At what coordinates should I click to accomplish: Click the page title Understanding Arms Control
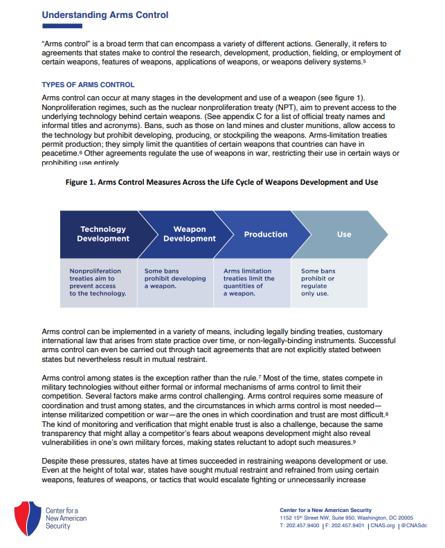105,15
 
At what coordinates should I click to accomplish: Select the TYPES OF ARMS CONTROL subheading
88,85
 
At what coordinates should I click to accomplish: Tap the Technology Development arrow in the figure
102,235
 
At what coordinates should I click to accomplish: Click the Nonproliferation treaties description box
98,282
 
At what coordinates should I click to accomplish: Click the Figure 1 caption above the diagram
222,182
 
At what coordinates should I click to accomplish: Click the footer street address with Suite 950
346,518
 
